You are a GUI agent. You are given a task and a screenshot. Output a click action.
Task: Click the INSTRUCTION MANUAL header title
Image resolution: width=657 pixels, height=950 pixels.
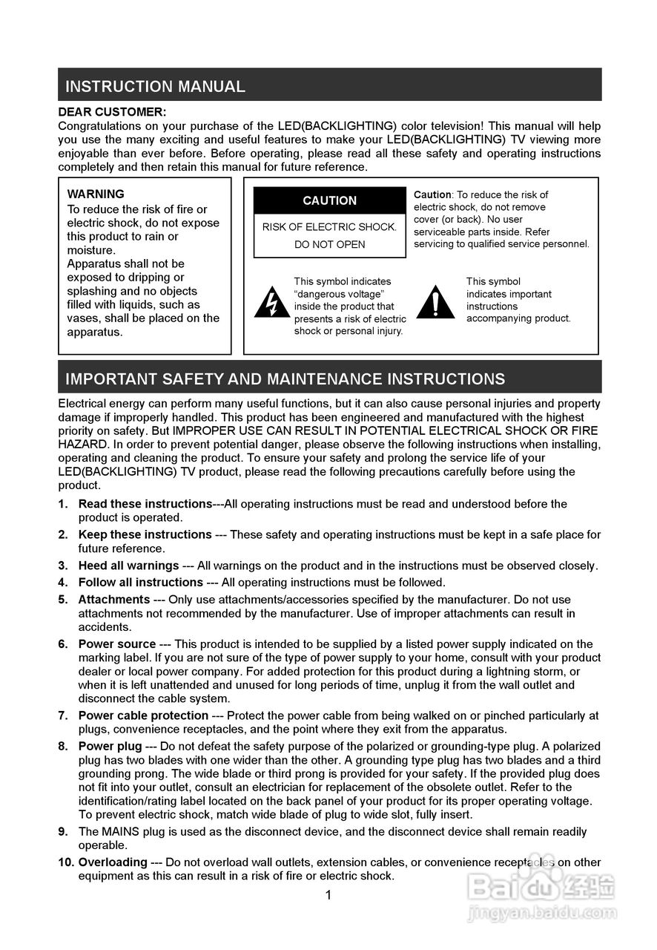click(x=155, y=86)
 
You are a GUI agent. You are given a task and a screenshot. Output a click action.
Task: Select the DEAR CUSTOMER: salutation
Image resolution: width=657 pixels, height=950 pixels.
click(x=112, y=112)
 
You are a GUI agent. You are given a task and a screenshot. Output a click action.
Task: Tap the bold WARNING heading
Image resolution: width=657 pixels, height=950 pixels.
click(x=96, y=194)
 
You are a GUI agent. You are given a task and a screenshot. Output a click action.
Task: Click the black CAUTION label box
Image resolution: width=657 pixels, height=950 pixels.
click(x=330, y=200)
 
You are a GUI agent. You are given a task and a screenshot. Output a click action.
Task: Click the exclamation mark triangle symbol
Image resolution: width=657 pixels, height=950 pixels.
click(x=435, y=302)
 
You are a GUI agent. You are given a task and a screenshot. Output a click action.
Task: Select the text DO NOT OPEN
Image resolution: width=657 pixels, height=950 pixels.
click(x=330, y=245)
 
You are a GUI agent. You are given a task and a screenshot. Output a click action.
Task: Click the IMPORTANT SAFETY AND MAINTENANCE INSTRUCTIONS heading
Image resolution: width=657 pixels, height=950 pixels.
click(x=285, y=379)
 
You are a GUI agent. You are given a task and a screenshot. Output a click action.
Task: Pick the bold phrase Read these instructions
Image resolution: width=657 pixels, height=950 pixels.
click(x=145, y=504)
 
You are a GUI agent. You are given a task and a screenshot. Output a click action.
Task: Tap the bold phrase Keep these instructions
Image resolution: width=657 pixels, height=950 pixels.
click(x=145, y=534)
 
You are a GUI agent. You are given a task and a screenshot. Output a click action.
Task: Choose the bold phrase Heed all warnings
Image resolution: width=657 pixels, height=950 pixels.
click(x=128, y=566)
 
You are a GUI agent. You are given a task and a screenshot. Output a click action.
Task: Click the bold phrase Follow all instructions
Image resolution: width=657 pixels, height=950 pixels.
click(x=140, y=582)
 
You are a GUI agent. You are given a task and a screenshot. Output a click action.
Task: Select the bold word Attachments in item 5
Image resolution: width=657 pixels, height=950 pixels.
click(x=114, y=599)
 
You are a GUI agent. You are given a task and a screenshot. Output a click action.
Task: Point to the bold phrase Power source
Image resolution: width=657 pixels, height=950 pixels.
click(x=117, y=644)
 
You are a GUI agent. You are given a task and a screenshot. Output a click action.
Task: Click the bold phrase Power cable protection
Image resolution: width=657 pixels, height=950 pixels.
click(x=143, y=715)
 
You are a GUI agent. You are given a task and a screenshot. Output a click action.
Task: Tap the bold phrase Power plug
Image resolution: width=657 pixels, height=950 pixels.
click(x=110, y=746)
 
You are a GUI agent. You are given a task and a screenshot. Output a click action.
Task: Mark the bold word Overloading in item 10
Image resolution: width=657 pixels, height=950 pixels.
click(x=113, y=862)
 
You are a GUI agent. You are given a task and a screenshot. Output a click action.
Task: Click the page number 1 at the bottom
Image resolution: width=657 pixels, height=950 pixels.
click(x=328, y=895)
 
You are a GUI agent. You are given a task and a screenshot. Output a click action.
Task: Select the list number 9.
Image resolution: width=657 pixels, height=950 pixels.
click(x=63, y=831)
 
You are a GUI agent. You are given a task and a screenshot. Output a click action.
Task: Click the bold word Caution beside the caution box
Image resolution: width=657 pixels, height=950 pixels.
click(x=432, y=194)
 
